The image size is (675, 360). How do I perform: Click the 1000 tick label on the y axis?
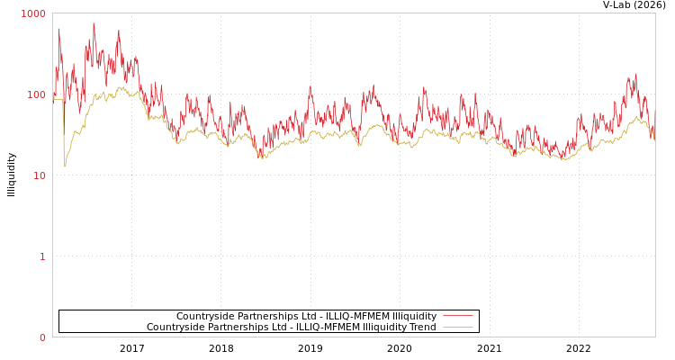[x=33, y=13]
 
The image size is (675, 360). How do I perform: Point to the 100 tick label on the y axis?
[x=36, y=94]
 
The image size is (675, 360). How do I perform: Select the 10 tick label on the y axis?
[x=39, y=175]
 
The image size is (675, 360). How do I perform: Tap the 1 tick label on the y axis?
[x=41, y=256]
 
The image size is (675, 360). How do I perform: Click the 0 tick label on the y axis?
[x=41, y=337]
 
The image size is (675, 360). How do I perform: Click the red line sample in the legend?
[x=457, y=316]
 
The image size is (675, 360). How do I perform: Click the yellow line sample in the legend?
[x=457, y=327]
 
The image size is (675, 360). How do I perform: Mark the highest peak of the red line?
[x=94, y=23]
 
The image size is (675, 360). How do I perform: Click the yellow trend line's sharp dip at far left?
[x=64, y=166]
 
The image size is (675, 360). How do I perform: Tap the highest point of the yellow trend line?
[x=121, y=86]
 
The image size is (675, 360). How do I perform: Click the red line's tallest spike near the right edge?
[x=635, y=74]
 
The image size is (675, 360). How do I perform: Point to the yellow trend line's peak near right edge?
[x=637, y=116]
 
